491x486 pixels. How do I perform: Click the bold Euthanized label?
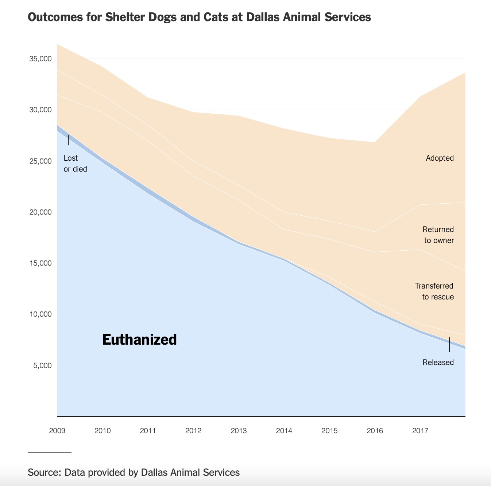[x=139, y=340]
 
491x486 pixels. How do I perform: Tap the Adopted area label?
[x=440, y=158]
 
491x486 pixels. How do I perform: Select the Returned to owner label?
[x=438, y=235]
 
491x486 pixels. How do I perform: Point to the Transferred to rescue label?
[x=434, y=291]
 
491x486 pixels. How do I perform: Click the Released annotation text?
[x=438, y=362]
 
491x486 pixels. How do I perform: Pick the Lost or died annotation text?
[x=75, y=164]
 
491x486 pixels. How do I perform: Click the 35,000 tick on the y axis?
[x=40, y=59]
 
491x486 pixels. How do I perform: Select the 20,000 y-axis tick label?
[x=40, y=212]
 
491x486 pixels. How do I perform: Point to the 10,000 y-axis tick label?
[x=40, y=314]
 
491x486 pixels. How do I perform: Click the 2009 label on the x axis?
[x=57, y=431]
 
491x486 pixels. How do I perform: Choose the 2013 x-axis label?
[x=239, y=431]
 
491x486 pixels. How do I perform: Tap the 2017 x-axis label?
[x=420, y=431]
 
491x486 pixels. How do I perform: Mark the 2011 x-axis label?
[x=148, y=431]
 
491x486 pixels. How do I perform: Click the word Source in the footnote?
[x=44, y=473]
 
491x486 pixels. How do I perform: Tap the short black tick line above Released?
[x=449, y=345]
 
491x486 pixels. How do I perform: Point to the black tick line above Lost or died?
[x=68, y=140]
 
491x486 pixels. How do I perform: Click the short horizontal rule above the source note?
[x=49, y=453]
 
